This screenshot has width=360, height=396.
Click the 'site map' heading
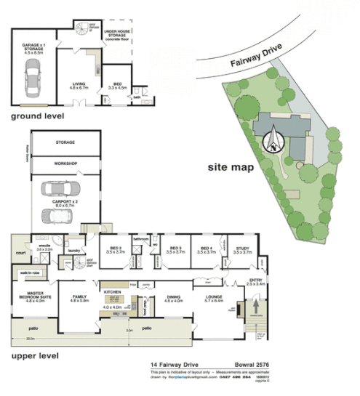pyautogui.click(x=231, y=166)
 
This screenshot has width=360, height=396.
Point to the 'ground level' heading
pyautogui.click(x=37, y=116)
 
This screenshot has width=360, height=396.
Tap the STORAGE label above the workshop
pyautogui.click(x=64, y=143)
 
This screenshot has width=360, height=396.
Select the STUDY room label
pyautogui.click(x=242, y=248)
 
